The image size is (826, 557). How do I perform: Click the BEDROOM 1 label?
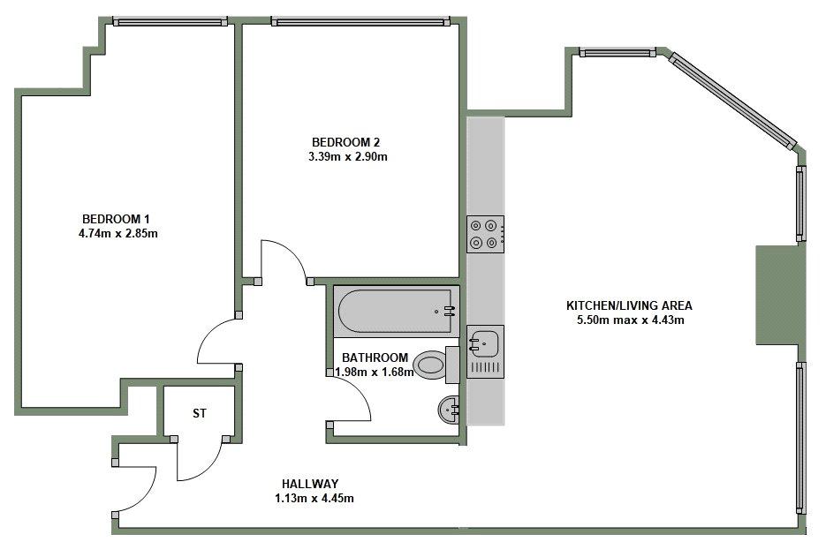coord(116,219)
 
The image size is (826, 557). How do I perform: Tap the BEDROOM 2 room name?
coord(345,142)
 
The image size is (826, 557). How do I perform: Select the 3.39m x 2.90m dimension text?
coord(348,156)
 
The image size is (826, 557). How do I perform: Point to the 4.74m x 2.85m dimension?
coord(118,233)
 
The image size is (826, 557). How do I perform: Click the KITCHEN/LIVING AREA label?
coord(629,305)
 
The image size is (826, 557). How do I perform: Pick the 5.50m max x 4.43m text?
coord(631,320)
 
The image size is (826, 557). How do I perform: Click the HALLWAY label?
coord(310,484)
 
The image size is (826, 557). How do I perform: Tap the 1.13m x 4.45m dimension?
coord(314,498)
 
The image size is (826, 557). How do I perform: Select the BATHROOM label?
coord(375,358)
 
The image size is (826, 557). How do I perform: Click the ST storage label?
coord(200,414)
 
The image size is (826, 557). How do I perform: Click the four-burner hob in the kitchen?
coord(485,234)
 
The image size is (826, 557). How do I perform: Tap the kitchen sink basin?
coord(483,343)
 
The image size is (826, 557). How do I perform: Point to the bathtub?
coord(396,312)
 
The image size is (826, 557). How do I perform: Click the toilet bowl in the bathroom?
coord(430,365)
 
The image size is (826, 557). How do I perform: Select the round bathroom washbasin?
coord(448,410)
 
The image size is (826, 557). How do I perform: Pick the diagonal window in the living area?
coord(733,101)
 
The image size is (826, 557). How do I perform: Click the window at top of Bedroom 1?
coord(171,22)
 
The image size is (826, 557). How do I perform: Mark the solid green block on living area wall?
coord(781,296)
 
